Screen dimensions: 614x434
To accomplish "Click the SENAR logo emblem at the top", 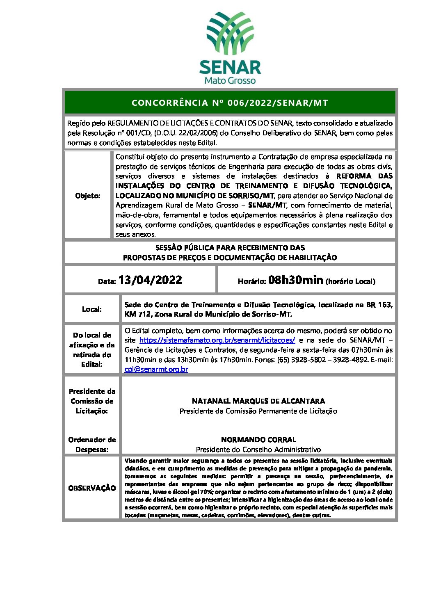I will [230, 34].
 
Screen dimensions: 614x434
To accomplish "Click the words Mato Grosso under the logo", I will [230, 80].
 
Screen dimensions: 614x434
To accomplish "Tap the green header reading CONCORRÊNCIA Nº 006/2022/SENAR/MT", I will [230, 103].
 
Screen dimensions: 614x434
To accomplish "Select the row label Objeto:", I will [88, 196].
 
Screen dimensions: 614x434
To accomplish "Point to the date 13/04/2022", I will [150, 280].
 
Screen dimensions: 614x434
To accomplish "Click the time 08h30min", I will [295, 280].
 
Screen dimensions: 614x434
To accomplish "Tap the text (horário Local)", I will [350, 281].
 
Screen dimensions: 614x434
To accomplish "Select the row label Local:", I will [92, 309].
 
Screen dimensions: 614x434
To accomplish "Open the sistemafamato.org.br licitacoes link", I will [217, 340].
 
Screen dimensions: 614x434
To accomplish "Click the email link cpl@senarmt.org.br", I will [156, 369].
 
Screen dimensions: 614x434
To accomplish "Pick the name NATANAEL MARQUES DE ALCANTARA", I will [258, 401].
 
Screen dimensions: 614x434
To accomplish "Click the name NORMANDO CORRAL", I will [258, 439].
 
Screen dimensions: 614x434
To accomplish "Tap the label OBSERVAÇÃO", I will [92, 488].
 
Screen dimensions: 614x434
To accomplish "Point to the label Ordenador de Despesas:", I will [92, 445].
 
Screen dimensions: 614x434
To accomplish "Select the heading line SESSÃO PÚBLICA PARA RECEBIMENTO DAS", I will [230, 248].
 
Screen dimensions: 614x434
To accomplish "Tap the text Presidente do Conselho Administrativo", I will [258, 450].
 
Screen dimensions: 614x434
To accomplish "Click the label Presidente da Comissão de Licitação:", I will [92, 401].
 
